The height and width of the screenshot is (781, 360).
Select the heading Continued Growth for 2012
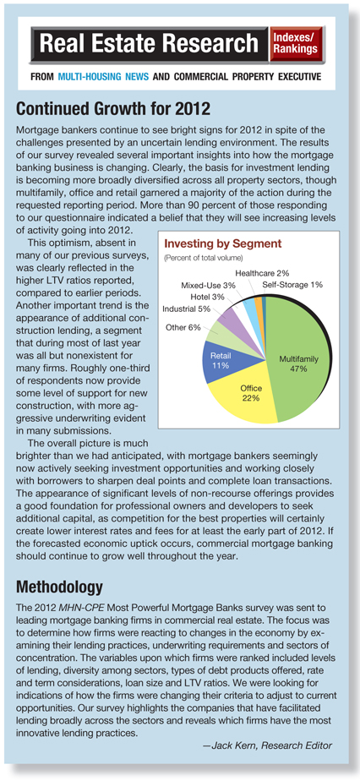coord(113,108)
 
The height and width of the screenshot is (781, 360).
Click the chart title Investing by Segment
coord(222,244)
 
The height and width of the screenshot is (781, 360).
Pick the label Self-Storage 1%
coord(292,285)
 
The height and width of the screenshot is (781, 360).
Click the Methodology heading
coord(59,587)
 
